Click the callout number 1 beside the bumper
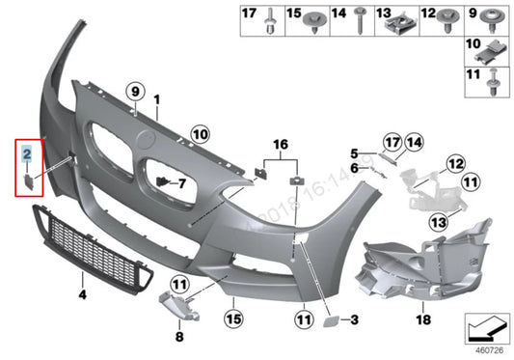pos(157,99)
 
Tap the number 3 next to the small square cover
pos(354,318)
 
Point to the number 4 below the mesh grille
pos(83,292)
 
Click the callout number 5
pos(354,153)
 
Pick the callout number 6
pos(354,169)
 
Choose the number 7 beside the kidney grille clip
pos(180,181)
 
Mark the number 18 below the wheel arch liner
pos(421,318)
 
